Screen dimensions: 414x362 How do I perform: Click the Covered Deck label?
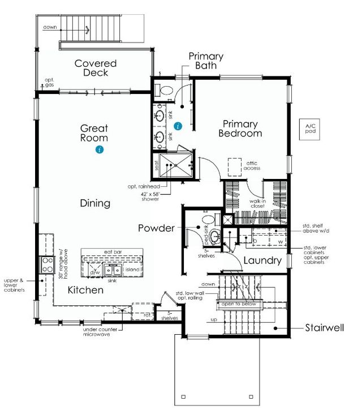click(x=96, y=69)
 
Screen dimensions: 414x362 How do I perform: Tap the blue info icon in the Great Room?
click(x=100, y=150)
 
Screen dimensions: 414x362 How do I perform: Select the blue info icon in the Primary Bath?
click(x=179, y=126)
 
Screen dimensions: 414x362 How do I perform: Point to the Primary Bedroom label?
click(x=241, y=129)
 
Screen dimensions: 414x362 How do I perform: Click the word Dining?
click(x=95, y=203)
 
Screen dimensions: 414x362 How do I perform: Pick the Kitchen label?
click(x=85, y=290)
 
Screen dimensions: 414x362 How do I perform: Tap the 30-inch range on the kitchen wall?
click(x=45, y=264)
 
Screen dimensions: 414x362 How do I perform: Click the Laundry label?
click(x=262, y=261)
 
